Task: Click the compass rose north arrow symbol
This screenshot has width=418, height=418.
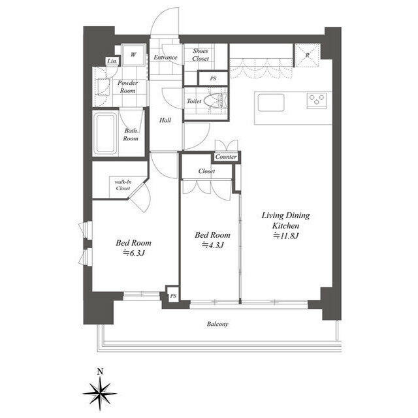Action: (x=100, y=393)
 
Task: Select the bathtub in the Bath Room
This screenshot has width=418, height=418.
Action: (x=106, y=133)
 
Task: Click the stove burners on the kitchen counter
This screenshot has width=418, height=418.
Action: (x=317, y=99)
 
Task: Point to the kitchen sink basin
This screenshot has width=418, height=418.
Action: (x=271, y=103)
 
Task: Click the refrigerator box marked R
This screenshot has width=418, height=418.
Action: (x=306, y=55)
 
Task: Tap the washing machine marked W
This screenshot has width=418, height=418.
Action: (x=133, y=54)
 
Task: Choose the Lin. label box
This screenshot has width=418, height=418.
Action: (x=112, y=61)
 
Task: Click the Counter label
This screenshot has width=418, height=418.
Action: (x=226, y=157)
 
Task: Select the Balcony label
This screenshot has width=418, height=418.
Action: (x=217, y=324)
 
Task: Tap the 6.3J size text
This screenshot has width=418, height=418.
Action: (x=135, y=253)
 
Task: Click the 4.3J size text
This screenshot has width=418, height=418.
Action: (x=213, y=245)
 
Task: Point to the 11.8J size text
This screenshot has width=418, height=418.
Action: (x=285, y=236)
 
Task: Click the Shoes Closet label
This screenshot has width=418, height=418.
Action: (x=201, y=55)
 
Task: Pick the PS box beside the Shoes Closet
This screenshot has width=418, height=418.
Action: (x=213, y=78)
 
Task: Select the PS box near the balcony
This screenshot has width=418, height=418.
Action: (x=173, y=296)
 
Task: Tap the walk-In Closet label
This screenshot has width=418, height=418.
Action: (x=123, y=185)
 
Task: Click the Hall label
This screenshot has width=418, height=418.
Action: (x=165, y=120)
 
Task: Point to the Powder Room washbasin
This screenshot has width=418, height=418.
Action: (x=103, y=86)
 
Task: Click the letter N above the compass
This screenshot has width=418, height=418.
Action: (x=100, y=372)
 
